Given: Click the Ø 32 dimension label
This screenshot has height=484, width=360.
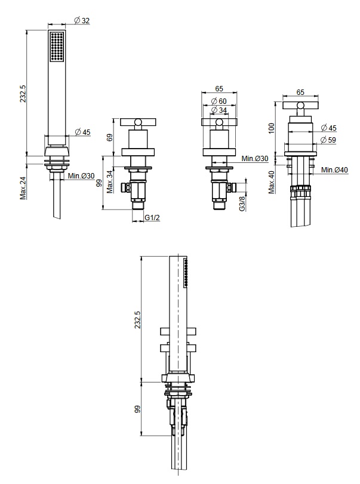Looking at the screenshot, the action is point(82,20).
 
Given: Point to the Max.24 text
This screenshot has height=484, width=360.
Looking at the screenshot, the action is point(23,187).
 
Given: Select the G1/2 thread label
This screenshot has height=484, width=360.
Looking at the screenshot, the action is point(152,217).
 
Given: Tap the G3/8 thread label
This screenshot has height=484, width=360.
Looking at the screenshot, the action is point(242,204).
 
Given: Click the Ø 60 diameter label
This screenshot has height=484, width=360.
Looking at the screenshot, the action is point(219,101).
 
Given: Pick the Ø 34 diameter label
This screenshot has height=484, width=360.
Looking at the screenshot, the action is point(219,110).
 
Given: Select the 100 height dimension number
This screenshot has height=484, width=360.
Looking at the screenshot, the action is point(272,128).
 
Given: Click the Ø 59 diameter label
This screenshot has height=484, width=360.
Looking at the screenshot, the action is point(328,140).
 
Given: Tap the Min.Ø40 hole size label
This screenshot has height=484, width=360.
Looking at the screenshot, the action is point(334,169).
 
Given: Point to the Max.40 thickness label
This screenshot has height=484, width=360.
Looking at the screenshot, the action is point(272,182).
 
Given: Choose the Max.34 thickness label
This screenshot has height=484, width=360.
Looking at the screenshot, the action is point(110,182).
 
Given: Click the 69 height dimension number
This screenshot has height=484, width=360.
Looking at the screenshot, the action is point(110,137).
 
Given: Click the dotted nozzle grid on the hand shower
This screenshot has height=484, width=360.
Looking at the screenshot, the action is point(57,47).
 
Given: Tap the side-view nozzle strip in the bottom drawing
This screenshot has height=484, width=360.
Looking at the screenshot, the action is point(186,272).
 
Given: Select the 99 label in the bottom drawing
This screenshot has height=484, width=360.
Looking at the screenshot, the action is point(138,409).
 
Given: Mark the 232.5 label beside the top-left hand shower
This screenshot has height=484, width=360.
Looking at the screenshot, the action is point(23,94).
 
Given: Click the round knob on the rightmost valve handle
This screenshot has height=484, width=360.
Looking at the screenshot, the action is point(300,106).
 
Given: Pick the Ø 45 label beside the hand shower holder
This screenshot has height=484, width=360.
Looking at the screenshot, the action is point(83,132).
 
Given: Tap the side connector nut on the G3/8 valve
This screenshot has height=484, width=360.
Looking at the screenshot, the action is point(232,187).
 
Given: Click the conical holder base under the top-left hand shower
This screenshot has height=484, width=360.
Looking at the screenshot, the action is point(57,151).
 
